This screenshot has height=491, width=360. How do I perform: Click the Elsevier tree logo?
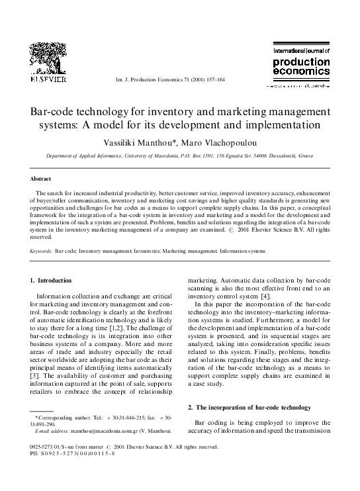pyautogui.click(x=48, y=56)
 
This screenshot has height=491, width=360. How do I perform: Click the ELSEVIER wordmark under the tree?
pyautogui.click(x=48, y=79)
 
